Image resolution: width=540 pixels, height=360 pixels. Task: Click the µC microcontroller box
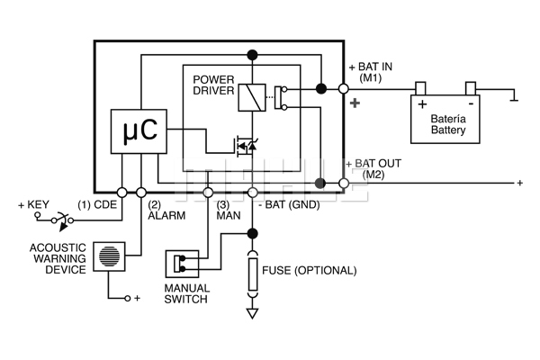(139, 132)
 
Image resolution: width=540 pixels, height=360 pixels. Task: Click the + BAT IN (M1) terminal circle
(343, 89)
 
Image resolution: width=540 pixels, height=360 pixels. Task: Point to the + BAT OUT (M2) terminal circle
(343, 184)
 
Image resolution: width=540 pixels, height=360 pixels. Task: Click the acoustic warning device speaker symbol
(109, 255)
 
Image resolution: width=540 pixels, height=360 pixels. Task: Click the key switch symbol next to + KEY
(61, 219)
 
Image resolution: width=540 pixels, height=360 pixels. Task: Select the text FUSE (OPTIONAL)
(309, 270)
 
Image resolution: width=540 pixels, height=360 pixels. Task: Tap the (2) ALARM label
(166, 210)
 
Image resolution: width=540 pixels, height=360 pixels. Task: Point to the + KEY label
(32, 205)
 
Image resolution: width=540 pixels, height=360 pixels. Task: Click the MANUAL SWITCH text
(186, 294)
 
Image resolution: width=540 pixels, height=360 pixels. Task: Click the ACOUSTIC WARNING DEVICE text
(58, 258)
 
